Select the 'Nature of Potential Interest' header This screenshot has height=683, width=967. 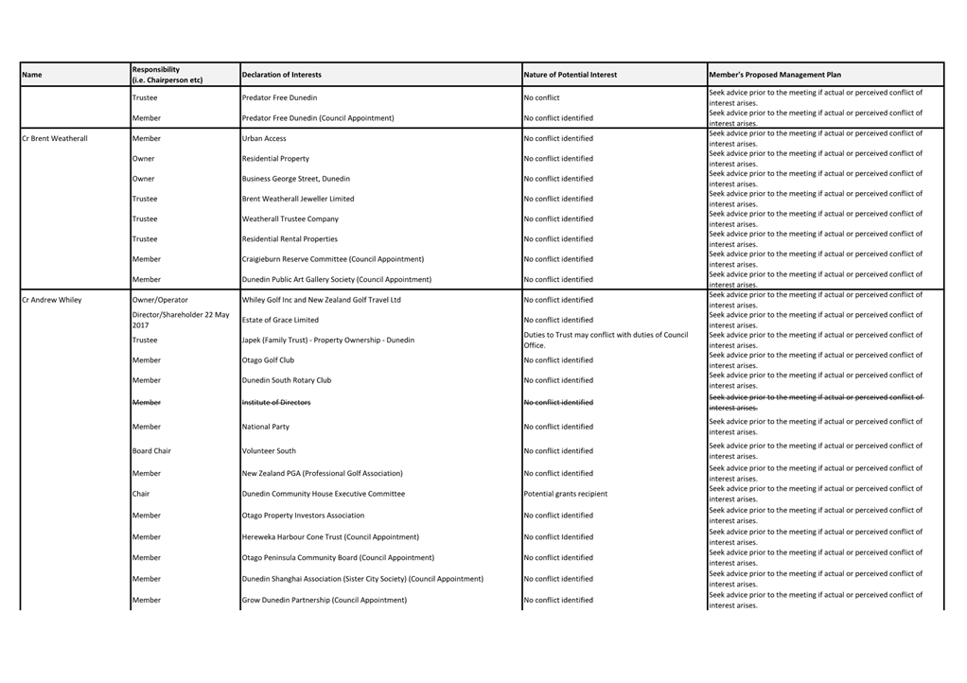[x=571, y=75]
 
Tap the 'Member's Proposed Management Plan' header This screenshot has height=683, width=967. [x=775, y=75]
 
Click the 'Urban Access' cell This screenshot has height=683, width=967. [x=264, y=139]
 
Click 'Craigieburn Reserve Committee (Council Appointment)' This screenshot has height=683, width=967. [x=333, y=259]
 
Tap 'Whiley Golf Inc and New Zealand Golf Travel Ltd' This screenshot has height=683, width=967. [x=322, y=300]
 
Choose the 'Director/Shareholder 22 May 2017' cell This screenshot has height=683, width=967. [x=180, y=320]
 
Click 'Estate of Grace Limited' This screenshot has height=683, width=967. [x=280, y=320]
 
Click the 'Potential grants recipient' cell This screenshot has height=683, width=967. [x=566, y=494]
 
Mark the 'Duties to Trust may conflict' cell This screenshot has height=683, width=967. [x=606, y=340]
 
